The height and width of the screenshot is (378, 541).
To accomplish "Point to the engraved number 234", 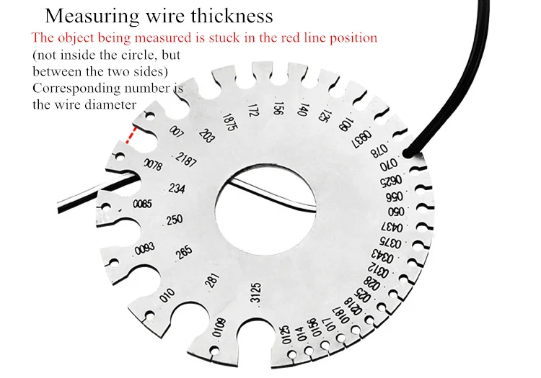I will click(x=176, y=189).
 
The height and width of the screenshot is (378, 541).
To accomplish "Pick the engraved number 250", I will click(x=175, y=220).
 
